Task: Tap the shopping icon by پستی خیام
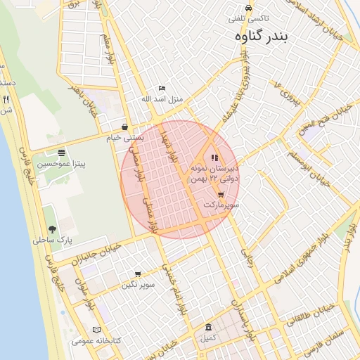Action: coord(124,127)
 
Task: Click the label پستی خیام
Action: coord(124,138)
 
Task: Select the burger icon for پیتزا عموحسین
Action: coord(62,153)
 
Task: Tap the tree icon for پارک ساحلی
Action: coord(52,229)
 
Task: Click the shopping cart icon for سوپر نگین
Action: coord(137,274)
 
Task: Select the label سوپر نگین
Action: coord(138,285)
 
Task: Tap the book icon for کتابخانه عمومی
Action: coord(96,330)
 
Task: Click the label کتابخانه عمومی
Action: coord(96,340)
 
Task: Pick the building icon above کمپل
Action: coord(207,328)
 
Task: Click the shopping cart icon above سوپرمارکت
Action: coord(221,195)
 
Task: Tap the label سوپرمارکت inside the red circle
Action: coord(221,205)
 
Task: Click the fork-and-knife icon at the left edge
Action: coord(6,99)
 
